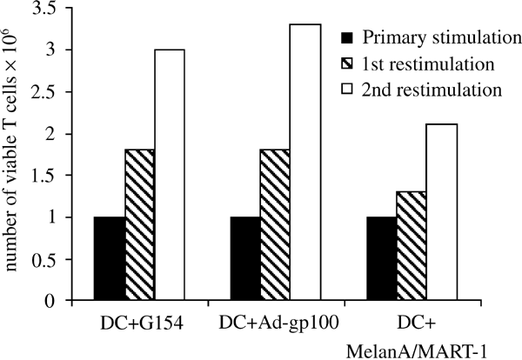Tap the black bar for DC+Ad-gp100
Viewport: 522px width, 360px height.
coord(245,259)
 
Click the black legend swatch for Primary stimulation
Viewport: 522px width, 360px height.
coord(346,37)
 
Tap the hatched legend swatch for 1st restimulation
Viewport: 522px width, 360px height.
coord(346,63)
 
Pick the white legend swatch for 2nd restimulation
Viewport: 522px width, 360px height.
coord(346,90)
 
